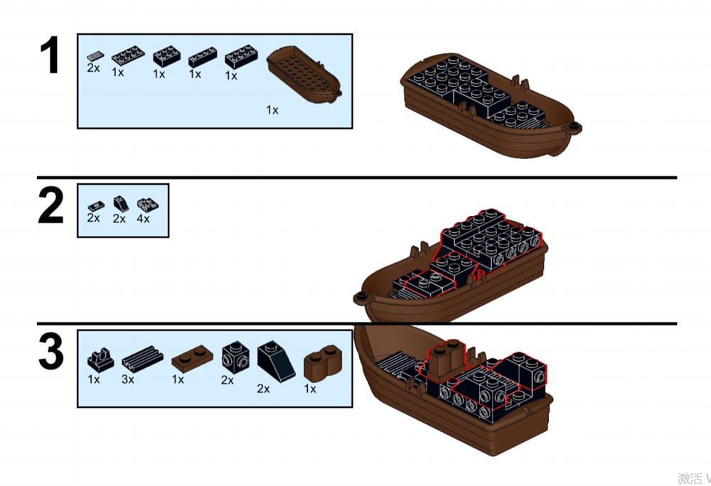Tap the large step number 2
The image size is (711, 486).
[51, 206]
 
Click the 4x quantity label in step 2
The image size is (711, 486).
[144, 219]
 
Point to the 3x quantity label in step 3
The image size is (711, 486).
[128, 379]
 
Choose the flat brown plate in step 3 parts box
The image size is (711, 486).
[191, 359]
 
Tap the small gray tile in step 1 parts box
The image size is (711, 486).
[95, 55]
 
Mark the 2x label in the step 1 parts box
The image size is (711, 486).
[94, 68]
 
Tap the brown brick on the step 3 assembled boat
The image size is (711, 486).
[443, 355]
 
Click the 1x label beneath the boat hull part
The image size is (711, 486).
[272, 110]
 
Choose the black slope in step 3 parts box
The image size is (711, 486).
[275, 359]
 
